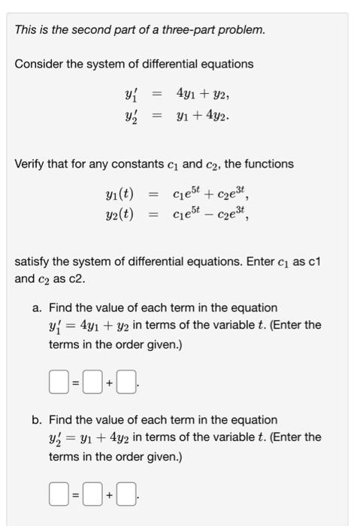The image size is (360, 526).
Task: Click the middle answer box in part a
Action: point(92,383)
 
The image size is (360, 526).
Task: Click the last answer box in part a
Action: point(126,383)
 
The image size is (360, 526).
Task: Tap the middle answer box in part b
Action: point(92,495)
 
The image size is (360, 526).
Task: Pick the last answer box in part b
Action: point(126,495)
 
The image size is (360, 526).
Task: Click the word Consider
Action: point(38,64)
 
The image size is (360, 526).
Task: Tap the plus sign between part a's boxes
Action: point(109,383)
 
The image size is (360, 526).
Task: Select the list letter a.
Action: point(37,308)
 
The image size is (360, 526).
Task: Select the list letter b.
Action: point(37,420)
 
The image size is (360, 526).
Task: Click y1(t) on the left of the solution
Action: point(119,196)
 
